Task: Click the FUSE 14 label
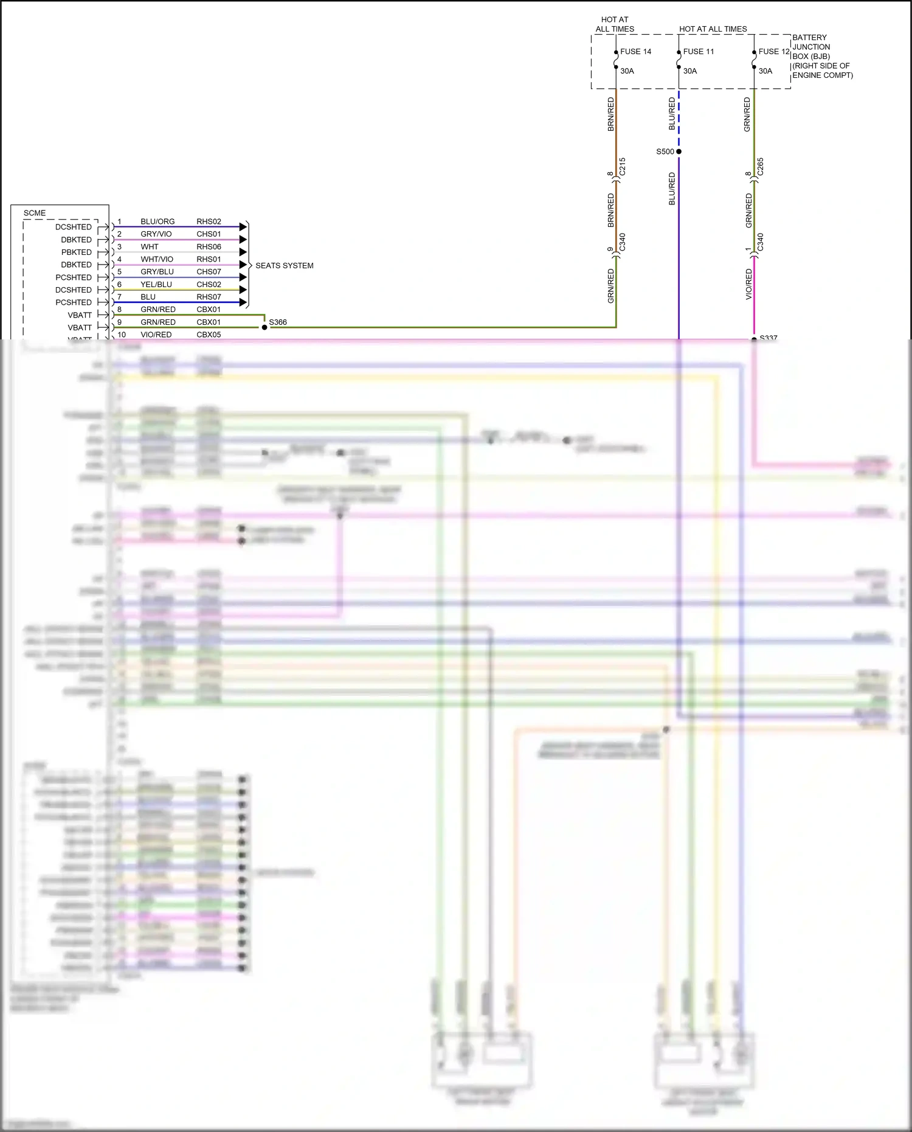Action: [635, 52]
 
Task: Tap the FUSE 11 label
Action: [699, 52]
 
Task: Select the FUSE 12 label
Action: [773, 52]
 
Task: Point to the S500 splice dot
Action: [679, 151]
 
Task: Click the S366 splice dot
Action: [264, 327]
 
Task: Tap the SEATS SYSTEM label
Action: [284, 266]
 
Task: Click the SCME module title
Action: [35, 213]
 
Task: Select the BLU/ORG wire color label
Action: [157, 221]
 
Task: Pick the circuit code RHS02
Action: [209, 221]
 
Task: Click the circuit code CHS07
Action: [209, 272]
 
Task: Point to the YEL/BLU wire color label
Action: [156, 284]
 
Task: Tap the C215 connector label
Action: [623, 167]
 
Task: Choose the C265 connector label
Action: [761, 167]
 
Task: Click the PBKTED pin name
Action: [77, 252]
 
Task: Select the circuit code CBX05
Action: [209, 335]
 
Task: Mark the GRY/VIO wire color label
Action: [156, 234]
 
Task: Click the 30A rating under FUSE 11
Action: [690, 71]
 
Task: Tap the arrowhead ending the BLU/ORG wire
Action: [243, 227]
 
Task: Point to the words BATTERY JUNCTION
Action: [810, 42]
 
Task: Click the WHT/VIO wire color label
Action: [157, 259]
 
